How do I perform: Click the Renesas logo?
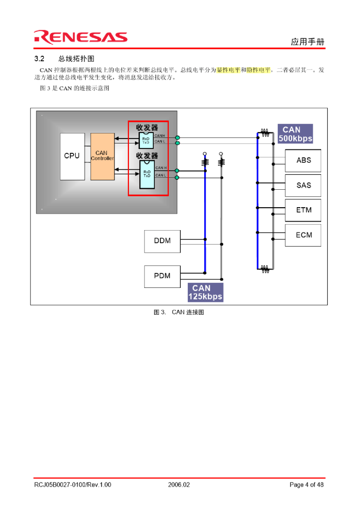coord(81,37)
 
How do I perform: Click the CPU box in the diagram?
coord(72,156)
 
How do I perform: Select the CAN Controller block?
coord(102,156)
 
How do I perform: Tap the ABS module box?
coord(303,160)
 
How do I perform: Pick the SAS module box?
coord(303,185)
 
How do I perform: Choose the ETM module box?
coord(303,210)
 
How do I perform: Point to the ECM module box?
coord(303,235)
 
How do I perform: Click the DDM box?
coord(162,241)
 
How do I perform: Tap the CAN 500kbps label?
coord(295,134)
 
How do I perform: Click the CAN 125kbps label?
coord(205,292)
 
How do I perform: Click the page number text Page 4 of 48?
coord(307,485)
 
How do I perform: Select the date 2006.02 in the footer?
coord(179,485)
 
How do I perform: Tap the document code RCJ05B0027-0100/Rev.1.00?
coord(73,485)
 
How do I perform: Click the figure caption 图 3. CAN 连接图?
coord(179,312)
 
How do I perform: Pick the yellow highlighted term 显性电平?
coord(229,70)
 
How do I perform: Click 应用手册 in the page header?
coord(308,42)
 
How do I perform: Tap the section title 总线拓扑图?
coord(76,58)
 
